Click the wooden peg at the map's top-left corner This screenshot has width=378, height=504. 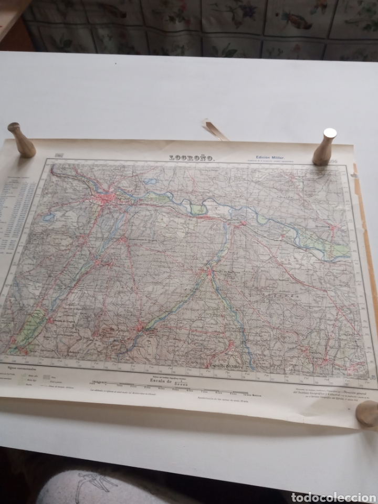(23, 139)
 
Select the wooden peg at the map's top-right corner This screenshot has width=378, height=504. (325, 146)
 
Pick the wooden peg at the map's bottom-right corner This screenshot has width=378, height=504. (367, 413)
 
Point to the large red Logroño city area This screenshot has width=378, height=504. (107, 198)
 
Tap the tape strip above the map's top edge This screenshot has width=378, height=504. (216, 129)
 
